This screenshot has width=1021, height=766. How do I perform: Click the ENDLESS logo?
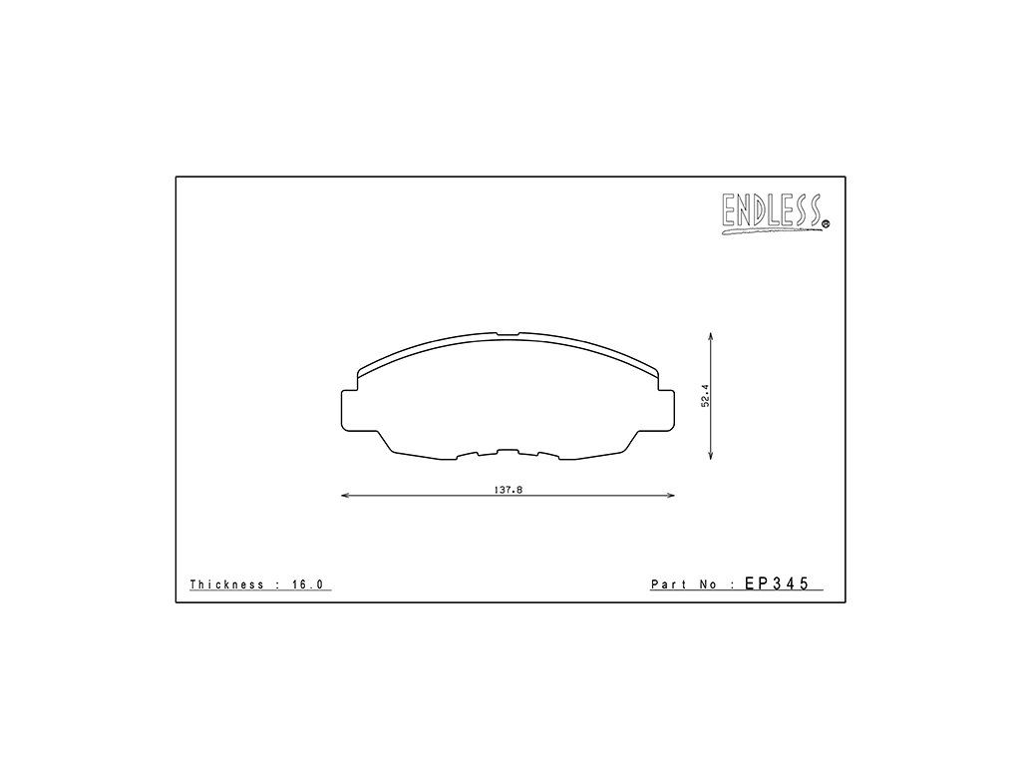coord(775,213)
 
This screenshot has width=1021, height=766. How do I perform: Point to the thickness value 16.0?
coord(307,584)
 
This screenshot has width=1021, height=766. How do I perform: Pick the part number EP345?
coord(777,582)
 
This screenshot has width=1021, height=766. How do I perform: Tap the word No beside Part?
coord(709,584)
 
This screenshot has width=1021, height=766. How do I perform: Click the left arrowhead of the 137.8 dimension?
coord(345,497)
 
